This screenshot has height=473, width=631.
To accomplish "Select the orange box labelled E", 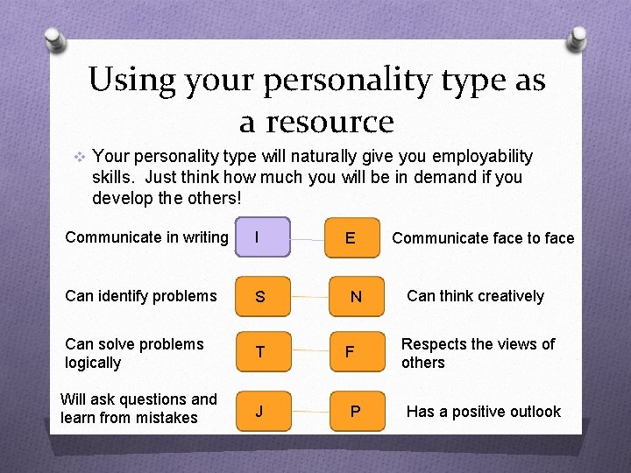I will pos(352,237).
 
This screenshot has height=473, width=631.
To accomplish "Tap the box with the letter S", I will pos(260,297).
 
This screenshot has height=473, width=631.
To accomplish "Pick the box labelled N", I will pos(354,297).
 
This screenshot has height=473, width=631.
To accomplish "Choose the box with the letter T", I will pos(260,353).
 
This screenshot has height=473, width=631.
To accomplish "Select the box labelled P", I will pos(354,411).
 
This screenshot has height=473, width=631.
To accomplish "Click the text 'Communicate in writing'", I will pos(146,236).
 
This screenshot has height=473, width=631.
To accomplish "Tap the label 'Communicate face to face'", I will pos(483,237).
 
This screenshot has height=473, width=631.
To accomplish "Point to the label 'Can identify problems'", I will pos(140,296).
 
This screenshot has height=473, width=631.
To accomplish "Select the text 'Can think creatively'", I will pos(475,296).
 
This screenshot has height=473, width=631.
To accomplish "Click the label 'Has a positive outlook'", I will pos(483,411).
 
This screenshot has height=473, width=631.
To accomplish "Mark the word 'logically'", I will pos(93,363).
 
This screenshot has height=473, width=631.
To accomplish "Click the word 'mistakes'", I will pos(167,418).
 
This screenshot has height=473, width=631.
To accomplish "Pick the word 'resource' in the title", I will pos(330,121).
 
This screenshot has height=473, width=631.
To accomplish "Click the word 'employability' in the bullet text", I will pos(481,157).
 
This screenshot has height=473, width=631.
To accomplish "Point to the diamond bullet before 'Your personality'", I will pos(79,157).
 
